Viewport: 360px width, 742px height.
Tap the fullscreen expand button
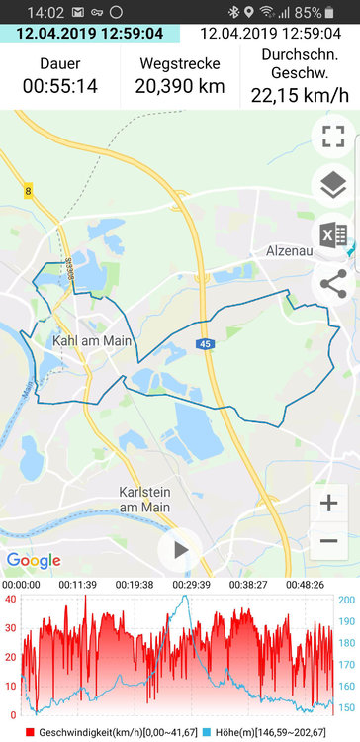tap(333, 137)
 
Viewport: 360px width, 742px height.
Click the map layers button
tap(333, 185)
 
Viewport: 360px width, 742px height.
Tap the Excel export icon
tap(333, 234)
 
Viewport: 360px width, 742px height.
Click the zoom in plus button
tap(329, 503)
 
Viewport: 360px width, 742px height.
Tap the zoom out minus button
tap(329, 541)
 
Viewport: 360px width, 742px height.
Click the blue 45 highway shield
tap(205, 344)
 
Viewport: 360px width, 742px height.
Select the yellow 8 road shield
tap(27, 191)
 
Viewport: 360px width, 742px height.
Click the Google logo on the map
tap(34, 560)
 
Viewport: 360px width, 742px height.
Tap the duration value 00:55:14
tap(60, 86)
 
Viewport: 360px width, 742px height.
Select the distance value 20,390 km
tap(180, 86)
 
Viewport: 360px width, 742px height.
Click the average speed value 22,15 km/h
tap(300, 96)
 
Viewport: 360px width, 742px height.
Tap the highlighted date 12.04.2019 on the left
tap(90, 34)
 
